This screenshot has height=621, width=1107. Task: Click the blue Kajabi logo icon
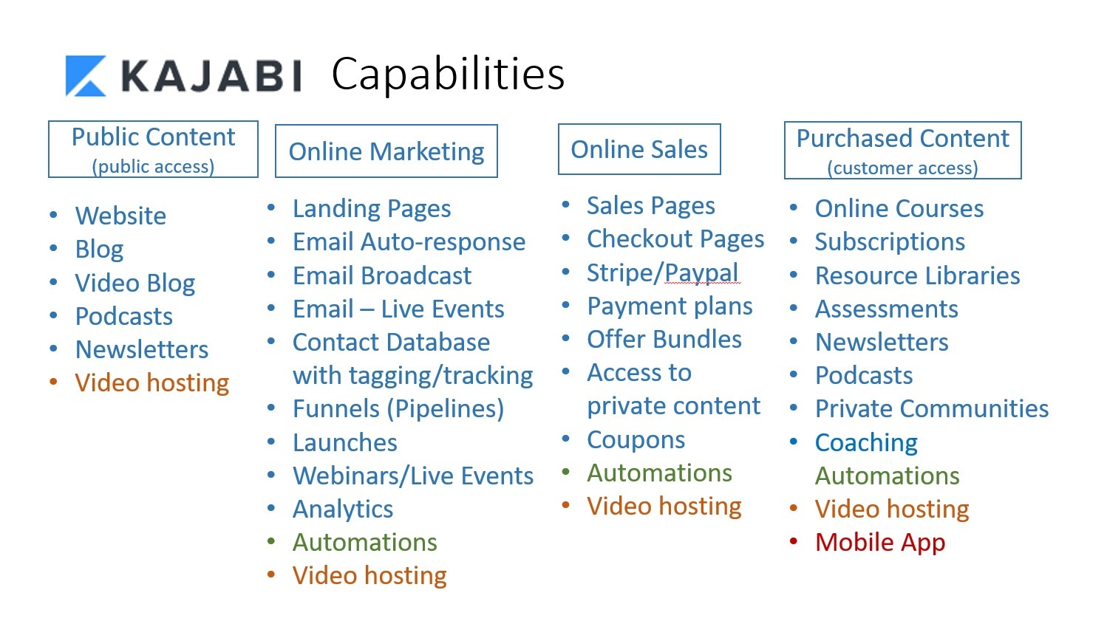(x=86, y=75)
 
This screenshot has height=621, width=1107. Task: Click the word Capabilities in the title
(x=448, y=75)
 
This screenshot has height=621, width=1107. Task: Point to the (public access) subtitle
(x=153, y=167)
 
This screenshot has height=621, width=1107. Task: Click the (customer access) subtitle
(x=903, y=168)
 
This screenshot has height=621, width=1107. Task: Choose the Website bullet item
(x=120, y=216)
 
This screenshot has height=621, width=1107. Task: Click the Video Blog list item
(x=135, y=284)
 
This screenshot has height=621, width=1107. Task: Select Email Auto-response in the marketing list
(x=409, y=242)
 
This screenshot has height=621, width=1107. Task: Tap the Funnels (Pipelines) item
(x=398, y=409)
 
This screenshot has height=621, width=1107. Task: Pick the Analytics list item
(x=343, y=510)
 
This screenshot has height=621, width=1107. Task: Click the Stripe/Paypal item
(x=663, y=273)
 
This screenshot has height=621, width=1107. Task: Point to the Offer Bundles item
(x=664, y=339)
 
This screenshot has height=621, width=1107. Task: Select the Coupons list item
(x=636, y=440)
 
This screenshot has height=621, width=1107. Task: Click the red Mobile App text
(x=880, y=543)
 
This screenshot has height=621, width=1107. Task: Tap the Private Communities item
(x=932, y=409)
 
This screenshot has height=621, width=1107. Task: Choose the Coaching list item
(x=866, y=443)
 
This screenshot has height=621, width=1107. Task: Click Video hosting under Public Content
(x=152, y=383)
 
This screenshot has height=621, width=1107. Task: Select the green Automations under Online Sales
(x=659, y=473)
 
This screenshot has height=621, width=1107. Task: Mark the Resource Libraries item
(x=918, y=275)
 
